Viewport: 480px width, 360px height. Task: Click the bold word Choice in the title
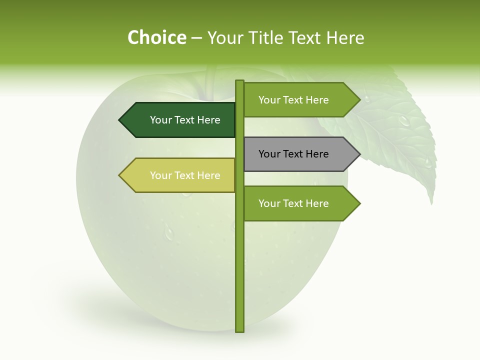(156, 37)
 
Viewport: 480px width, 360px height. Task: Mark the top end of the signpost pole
(239, 81)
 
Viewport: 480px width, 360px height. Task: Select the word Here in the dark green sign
(209, 120)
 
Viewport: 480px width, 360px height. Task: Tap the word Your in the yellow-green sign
(160, 175)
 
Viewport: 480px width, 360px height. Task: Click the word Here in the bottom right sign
(317, 203)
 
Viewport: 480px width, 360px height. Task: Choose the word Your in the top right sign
(269, 100)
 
